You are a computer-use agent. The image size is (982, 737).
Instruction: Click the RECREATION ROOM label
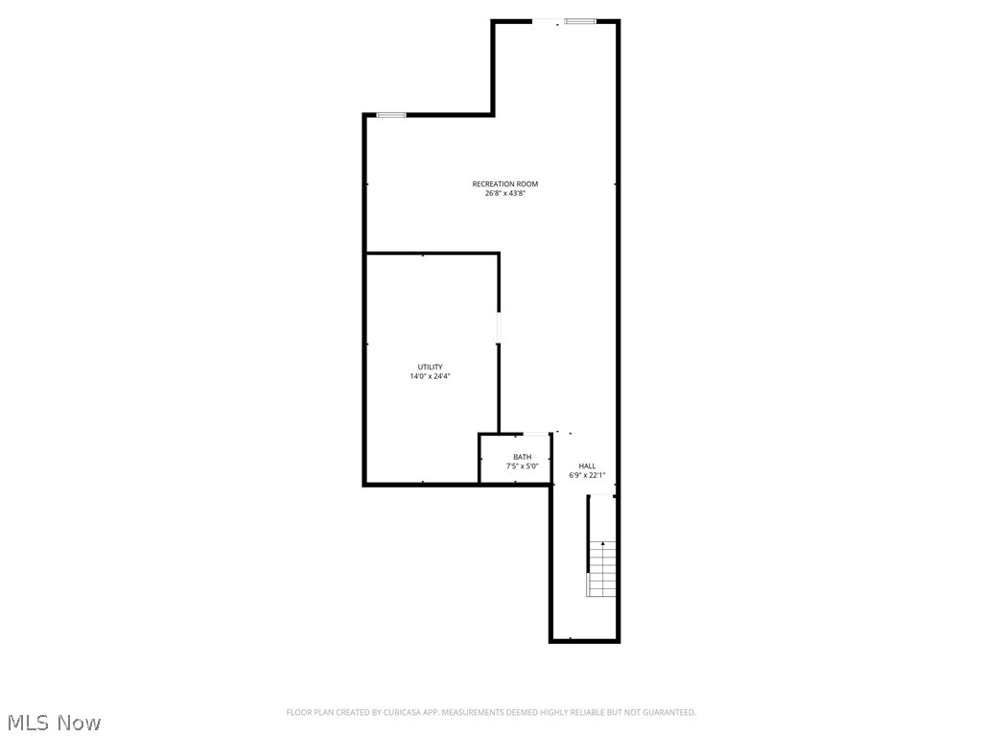click(x=504, y=184)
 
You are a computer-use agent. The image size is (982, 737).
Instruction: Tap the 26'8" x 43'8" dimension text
click(x=504, y=194)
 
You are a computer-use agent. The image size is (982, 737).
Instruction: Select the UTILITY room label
click(x=430, y=368)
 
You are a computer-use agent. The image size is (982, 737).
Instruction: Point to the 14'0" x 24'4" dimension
click(x=430, y=376)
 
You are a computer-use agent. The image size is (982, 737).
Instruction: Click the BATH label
click(x=522, y=457)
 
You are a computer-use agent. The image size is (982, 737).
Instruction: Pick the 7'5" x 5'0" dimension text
click(x=522, y=466)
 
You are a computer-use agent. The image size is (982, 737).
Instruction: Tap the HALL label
click(x=587, y=466)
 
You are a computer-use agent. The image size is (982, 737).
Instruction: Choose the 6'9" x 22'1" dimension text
click(x=587, y=475)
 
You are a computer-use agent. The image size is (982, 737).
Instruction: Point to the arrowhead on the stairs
click(x=603, y=544)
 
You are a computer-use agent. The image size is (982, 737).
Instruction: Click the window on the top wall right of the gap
click(x=580, y=21)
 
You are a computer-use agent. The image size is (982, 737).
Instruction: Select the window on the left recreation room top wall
click(x=390, y=115)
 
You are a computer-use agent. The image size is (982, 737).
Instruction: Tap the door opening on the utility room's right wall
click(x=499, y=326)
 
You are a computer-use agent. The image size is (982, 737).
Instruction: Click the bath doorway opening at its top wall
click(x=536, y=434)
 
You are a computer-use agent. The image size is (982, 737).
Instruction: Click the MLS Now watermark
click(x=54, y=722)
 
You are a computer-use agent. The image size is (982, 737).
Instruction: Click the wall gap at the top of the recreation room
click(x=548, y=21)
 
